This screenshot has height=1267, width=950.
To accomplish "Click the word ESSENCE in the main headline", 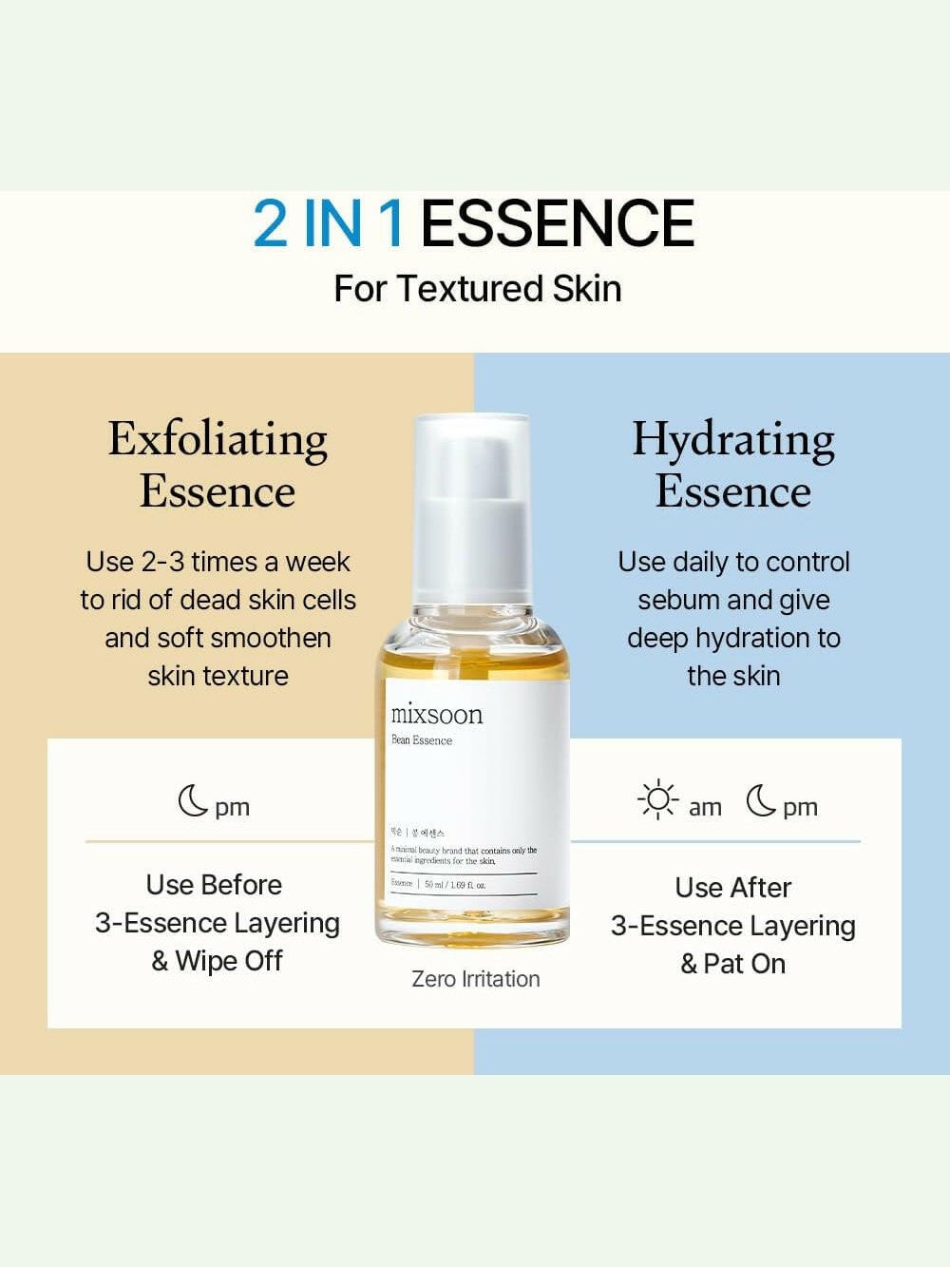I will point(557,224).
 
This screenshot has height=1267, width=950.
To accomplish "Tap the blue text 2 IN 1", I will point(329,224).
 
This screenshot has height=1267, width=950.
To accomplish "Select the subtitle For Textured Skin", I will point(477,288).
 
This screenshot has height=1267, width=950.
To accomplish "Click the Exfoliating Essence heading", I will point(218,465).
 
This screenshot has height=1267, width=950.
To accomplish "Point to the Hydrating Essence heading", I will point(733,465).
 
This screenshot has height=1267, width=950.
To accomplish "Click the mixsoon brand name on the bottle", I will point(436,714).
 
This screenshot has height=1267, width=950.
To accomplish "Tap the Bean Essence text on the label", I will point(422,740).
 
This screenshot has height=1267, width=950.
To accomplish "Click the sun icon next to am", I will point(657,800).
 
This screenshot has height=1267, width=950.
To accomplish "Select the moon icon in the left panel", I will point(193,800).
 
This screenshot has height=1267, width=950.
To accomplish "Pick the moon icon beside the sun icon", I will point(760,800).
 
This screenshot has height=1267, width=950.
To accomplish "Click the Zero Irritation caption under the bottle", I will point(475,979).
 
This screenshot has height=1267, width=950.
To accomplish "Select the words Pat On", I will point(745,964).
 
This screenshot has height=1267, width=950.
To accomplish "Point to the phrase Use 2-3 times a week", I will point(218,562).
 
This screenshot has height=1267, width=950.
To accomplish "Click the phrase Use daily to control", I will point(733,562).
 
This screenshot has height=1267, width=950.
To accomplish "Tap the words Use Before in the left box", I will point(214,885).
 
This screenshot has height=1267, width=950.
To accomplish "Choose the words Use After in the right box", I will point(732,888).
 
